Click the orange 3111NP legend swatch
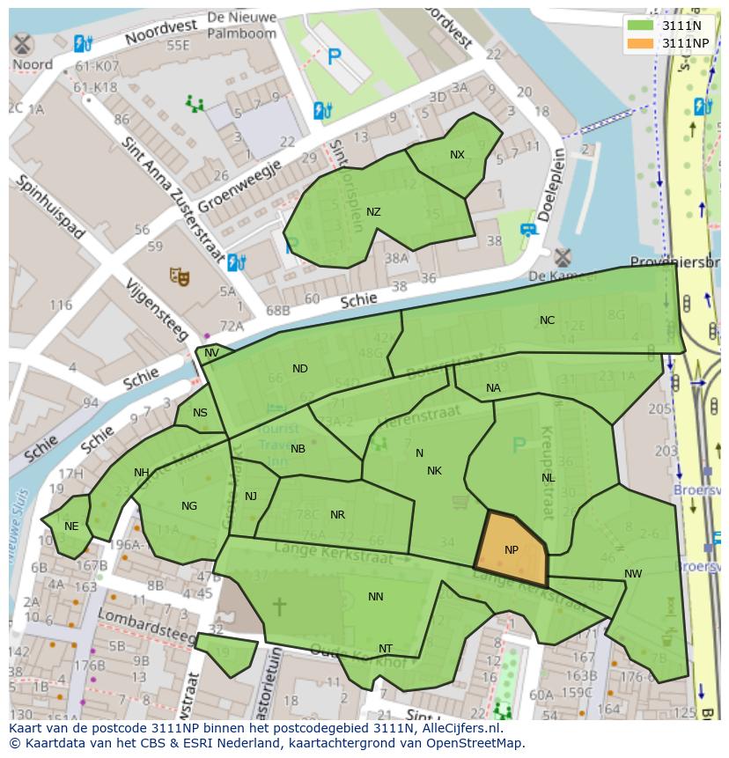[641, 43]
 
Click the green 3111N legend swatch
[641, 26]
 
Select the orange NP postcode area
[512, 550]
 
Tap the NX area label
[457, 155]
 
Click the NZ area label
[373, 212]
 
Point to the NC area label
[547, 320]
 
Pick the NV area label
[211, 353]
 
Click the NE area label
[71, 526]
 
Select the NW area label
[633, 574]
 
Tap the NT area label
[385, 649]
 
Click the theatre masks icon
[180, 276]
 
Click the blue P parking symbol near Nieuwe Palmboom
[334, 58]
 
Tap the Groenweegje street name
[239, 186]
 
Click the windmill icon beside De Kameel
[562, 258]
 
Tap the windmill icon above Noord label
[23, 44]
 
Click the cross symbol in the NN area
[279, 606]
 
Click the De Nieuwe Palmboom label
[242, 26]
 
